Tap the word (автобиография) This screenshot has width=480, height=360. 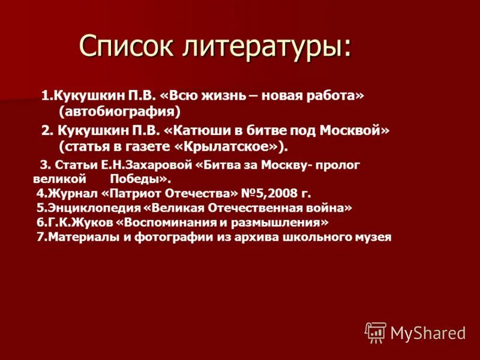tap(120, 111)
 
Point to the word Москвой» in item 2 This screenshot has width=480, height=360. tap(355, 131)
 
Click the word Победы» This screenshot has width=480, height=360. tap(140, 179)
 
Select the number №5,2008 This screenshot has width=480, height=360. tap(268, 193)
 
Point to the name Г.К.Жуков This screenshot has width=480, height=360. tap(79, 223)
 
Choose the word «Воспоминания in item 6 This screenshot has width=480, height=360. tap(166, 223)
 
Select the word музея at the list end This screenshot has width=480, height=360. tap(373, 237)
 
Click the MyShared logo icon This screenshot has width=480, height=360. tap(376, 332)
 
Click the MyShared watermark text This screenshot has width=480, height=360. tap(428, 332)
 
